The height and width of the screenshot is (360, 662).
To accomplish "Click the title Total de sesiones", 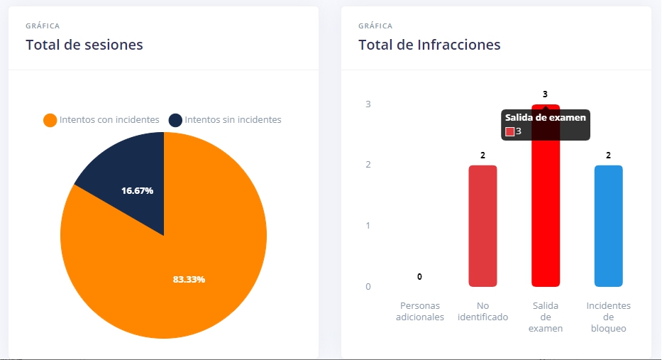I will (x=84, y=45).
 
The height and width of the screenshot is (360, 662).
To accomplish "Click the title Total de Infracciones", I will (x=429, y=45).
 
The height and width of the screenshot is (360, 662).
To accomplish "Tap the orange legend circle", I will (x=50, y=120).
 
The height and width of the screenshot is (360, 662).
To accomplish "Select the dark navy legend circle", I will (x=175, y=120).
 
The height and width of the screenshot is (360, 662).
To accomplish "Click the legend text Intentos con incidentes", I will (x=109, y=120).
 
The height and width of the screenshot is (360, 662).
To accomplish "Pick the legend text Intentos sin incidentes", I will (x=233, y=120).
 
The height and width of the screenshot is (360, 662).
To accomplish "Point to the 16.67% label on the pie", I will (x=137, y=190).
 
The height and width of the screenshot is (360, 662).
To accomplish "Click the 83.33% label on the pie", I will (x=189, y=279).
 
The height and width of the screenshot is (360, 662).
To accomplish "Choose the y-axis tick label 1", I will (x=368, y=226).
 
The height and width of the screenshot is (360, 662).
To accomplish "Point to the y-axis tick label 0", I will (x=368, y=287).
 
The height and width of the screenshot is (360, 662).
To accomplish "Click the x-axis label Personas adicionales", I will (x=420, y=311).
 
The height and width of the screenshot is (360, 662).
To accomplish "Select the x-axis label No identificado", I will (x=482, y=311).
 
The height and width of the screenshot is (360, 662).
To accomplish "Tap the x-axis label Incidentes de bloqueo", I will (x=608, y=317).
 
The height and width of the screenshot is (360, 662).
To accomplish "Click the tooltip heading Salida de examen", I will (x=546, y=118).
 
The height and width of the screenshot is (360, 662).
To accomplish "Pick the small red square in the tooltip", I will (x=509, y=131).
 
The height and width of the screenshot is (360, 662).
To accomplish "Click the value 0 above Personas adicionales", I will (x=419, y=276).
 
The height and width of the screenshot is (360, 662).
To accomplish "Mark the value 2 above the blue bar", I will (x=608, y=155).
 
